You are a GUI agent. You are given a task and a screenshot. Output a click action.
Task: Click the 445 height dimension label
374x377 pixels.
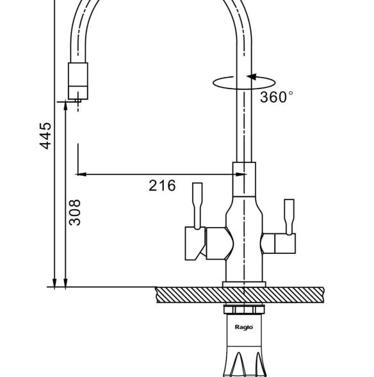[x=45, y=136]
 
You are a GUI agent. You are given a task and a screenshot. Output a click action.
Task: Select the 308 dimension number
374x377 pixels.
[x=74, y=213]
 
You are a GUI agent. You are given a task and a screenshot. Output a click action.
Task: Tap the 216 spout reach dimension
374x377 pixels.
[x=162, y=186]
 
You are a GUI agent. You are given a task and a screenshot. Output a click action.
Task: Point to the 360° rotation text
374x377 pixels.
[x=277, y=97]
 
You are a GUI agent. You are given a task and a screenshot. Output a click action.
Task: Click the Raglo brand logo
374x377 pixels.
[x=244, y=327]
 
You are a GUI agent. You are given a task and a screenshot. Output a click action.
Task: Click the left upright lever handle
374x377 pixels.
[x=197, y=206]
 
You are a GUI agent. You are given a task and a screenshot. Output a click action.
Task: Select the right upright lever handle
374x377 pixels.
[x=289, y=217]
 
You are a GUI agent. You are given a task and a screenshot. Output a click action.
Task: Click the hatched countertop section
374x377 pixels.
[x=240, y=295]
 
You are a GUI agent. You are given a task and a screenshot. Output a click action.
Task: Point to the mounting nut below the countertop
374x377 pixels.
[x=244, y=310]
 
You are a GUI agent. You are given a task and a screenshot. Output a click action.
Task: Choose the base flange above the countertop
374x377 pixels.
[x=244, y=285]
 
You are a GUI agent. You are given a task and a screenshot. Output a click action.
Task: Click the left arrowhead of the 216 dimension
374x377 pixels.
[x=81, y=174]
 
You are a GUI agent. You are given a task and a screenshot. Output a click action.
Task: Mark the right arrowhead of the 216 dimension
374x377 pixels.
[x=240, y=174]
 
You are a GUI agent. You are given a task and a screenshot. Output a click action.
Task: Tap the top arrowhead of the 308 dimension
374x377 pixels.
[x=65, y=106]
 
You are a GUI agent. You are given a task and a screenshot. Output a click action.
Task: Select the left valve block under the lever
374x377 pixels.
[x=195, y=244]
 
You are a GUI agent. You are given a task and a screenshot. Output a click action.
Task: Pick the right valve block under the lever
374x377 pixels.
[x=285, y=244]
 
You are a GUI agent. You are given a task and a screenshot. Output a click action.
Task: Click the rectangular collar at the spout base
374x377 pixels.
[x=244, y=180]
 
